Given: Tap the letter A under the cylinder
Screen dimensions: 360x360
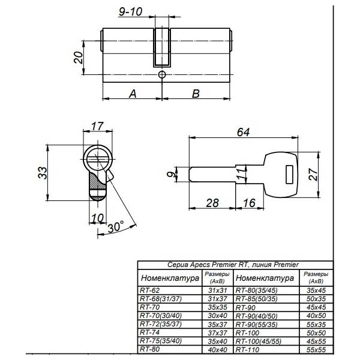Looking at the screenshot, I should click(133, 94).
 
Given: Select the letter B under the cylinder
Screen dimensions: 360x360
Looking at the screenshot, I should click(195, 94).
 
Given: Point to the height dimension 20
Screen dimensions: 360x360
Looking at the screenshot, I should click(77, 58).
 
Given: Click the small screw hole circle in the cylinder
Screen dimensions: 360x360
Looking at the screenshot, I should click(161, 74).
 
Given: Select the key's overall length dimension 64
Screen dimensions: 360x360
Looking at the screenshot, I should click(244, 133).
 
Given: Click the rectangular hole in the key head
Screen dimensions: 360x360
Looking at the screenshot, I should click(289, 174).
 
